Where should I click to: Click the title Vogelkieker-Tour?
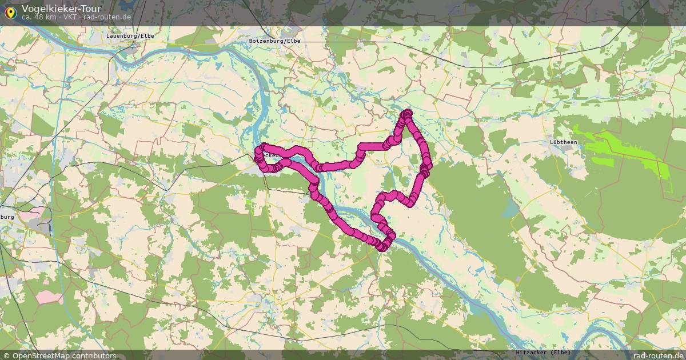(61, 9)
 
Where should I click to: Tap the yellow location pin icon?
(10, 11)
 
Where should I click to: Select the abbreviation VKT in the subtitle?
(70, 17)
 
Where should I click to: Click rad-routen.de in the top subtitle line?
(107, 17)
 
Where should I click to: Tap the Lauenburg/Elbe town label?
(130, 35)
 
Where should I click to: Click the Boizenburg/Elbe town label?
(274, 41)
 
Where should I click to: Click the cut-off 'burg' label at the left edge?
(7, 217)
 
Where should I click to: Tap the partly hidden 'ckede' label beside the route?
(272, 155)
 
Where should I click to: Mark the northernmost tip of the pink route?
(408, 113)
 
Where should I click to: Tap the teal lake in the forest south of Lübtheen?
(508, 210)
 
